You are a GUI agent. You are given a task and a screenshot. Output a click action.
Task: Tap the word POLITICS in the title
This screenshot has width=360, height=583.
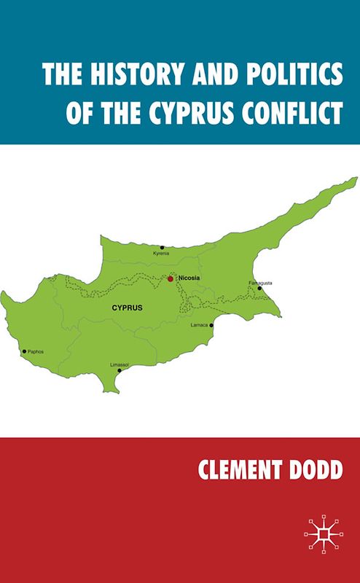coord(285,76)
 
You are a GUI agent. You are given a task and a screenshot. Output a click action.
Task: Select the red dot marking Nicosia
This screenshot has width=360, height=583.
coord(171,278)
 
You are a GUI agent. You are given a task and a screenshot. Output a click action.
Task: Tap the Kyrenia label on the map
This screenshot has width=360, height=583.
coord(160,254)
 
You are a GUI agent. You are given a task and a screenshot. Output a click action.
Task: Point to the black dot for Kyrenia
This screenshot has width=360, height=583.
coord(163,247)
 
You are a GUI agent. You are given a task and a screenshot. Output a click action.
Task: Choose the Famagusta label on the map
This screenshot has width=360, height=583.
coord(260,282)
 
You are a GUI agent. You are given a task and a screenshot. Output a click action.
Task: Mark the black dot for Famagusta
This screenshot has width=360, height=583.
coord(259,288)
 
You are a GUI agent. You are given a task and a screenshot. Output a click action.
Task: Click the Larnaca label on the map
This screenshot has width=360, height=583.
coord(199,324)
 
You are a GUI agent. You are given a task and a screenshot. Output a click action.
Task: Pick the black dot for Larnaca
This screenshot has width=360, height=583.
coord(211,325)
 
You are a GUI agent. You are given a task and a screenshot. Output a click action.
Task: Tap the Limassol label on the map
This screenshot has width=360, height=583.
coord(119,364)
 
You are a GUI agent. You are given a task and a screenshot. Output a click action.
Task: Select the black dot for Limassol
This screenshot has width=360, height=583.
coord(120,370)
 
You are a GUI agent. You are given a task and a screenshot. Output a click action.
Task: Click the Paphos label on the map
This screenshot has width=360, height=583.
coord(36,351)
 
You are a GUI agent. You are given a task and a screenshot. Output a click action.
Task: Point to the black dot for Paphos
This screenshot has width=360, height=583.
coord(24,351)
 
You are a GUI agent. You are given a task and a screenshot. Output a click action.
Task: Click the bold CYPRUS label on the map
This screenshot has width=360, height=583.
coord(127,308)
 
